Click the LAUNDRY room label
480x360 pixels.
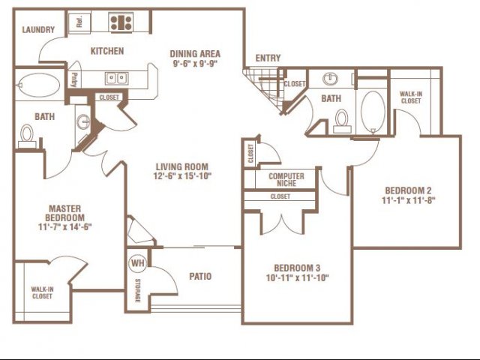coord(38,30)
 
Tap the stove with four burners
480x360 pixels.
coord(121,22)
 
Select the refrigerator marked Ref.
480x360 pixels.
coord(79,22)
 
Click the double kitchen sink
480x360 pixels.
coord(116,78)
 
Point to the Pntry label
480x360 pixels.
coord(74,80)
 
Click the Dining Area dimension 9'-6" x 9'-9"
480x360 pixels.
coord(195,63)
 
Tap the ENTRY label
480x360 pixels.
coord(268,58)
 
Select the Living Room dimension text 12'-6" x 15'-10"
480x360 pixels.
coord(182,176)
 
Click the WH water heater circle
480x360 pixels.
coord(138,263)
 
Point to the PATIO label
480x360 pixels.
coord(200,277)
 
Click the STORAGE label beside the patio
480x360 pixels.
coord(138,290)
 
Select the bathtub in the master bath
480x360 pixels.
coord(39,85)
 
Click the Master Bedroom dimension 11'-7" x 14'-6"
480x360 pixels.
coord(65,226)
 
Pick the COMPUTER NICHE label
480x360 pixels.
coord(286,180)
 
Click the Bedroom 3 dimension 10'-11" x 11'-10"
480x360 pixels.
coord(297,277)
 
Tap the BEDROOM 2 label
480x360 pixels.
coord(408,190)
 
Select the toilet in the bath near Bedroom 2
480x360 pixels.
coord(342,121)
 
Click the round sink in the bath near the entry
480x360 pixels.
coord(330,79)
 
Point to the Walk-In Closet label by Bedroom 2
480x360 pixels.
coord(411,97)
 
